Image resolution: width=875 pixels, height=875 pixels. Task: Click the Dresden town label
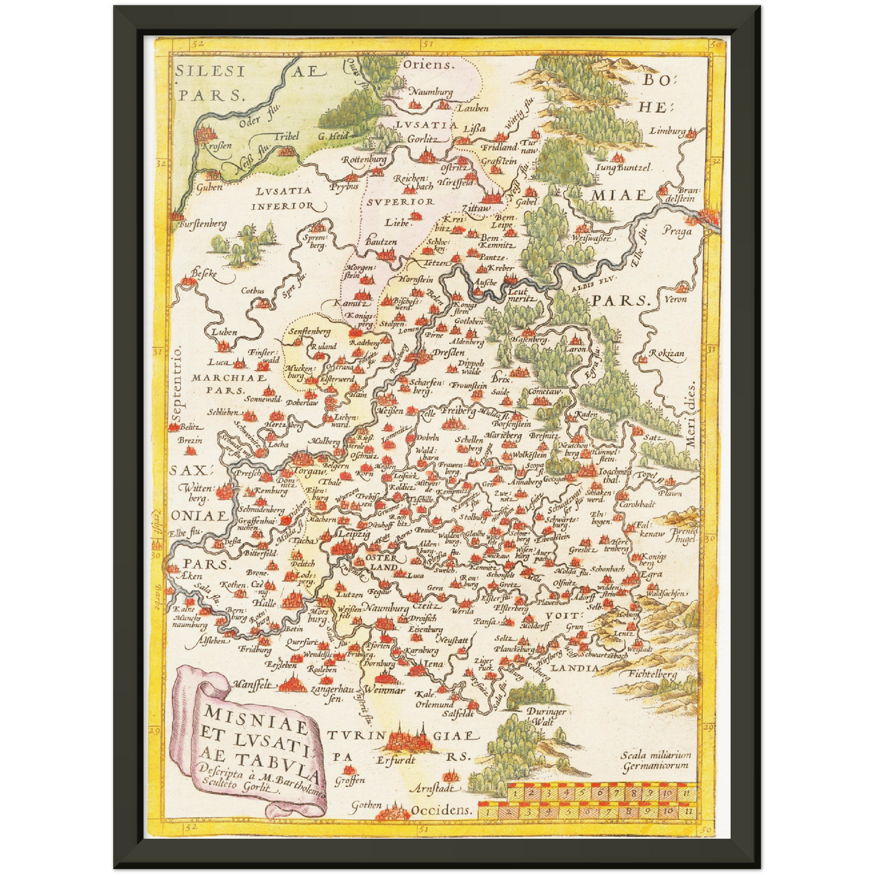click(449, 352)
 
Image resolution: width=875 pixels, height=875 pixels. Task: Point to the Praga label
click(676, 231)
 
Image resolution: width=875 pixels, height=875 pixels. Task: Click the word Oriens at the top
click(428, 65)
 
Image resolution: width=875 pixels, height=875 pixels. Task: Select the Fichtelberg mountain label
click(653, 673)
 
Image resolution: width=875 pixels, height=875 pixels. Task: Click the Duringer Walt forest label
click(546, 716)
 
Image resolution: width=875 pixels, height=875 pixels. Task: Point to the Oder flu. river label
click(249, 121)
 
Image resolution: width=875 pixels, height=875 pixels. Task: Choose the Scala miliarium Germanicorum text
click(655, 760)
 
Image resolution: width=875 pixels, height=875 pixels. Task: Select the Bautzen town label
click(381, 242)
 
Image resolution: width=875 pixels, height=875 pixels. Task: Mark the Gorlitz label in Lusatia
click(422, 139)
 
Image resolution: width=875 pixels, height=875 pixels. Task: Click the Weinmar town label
click(385, 690)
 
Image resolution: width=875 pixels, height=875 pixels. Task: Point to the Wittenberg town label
click(197, 493)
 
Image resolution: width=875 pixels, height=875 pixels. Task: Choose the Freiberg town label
click(458, 411)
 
